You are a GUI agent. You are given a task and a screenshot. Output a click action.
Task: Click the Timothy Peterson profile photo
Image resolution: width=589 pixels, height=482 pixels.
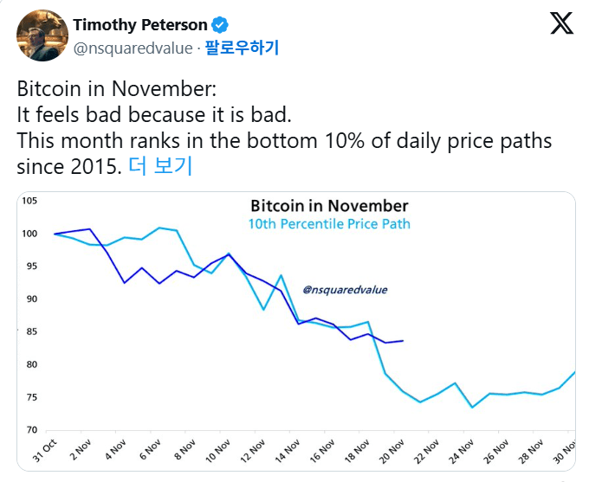[42, 35]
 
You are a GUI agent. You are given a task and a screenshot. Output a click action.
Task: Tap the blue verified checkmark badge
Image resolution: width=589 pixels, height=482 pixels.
[221, 24]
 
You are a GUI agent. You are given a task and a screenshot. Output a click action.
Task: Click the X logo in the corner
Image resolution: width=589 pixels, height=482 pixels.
[562, 23]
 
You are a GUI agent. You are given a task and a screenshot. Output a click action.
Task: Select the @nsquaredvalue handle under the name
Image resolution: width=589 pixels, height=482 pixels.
[134, 48]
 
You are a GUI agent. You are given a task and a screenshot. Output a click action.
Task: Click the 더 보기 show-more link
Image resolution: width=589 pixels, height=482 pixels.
[159, 166]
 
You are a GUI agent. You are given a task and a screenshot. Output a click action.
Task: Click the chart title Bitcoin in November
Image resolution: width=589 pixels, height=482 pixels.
[329, 206]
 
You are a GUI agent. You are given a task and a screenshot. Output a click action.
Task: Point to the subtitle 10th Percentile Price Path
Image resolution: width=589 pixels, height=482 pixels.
[329, 224]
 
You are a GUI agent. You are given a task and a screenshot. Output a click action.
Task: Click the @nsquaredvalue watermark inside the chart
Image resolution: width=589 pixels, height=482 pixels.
[345, 290]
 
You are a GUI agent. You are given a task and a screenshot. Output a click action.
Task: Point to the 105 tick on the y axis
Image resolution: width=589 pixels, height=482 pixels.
[30, 201]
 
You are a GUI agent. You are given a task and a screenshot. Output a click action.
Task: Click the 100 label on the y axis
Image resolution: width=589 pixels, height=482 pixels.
[30, 234]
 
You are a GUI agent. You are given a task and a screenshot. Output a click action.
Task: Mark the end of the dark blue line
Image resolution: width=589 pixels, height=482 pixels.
[403, 341]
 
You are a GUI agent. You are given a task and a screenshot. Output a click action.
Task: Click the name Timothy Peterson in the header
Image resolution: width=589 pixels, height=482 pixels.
[140, 24]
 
